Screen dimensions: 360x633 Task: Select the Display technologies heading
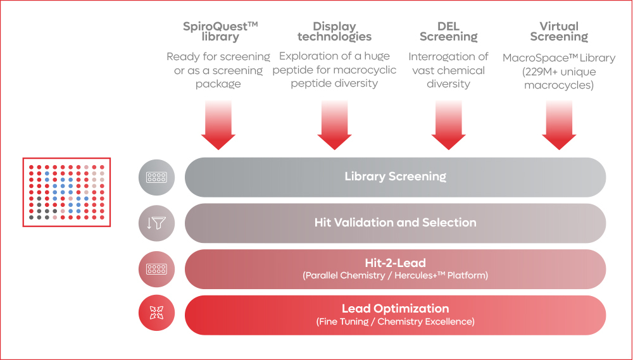pyautogui.click(x=334, y=32)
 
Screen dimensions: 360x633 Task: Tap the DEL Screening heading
pyautogui.click(x=448, y=32)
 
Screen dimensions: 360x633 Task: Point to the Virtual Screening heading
pyautogui.click(x=559, y=32)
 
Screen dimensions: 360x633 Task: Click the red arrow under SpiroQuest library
pyautogui.click(x=218, y=126)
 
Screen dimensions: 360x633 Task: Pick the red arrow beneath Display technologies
pyautogui.click(x=334, y=126)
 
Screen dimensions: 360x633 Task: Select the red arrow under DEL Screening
pyautogui.click(x=448, y=126)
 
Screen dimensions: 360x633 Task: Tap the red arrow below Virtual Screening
pyautogui.click(x=559, y=126)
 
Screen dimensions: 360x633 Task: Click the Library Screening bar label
pyautogui.click(x=395, y=177)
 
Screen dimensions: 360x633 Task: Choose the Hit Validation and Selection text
pyautogui.click(x=395, y=223)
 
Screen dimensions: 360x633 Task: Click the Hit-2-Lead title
pyautogui.click(x=395, y=263)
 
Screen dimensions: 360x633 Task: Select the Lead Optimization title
pyautogui.click(x=395, y=309)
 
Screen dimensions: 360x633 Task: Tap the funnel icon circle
pyautogui.click(x=156, y=223)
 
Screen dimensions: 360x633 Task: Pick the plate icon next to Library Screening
pyautogui.click(x=156, y=177)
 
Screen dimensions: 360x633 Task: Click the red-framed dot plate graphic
pyautogui.click(x=66, y=192)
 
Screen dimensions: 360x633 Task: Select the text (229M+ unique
pyautogui.click(x=559, y=71)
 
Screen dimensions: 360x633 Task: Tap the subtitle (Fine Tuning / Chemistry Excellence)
pyautogui.click(x=395, y=322)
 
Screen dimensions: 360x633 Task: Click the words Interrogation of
pyautogui.click(x=448, y=57)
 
